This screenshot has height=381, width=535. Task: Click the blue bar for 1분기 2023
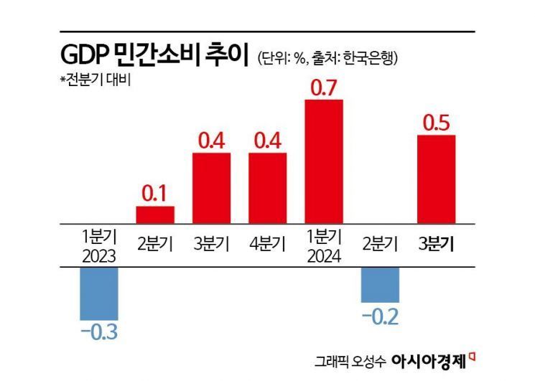98,293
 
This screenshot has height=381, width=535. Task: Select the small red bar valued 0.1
155,215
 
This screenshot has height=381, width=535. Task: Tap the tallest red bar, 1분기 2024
324,161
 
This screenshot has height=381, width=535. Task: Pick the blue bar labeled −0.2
380,284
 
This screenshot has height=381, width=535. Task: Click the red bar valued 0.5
437,179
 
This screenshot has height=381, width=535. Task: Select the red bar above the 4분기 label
268,187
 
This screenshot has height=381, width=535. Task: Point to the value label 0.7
324,88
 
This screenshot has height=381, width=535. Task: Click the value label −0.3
98,333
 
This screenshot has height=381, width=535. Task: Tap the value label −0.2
380,316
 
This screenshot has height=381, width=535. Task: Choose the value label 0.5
437,123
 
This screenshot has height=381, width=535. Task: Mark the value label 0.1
155,194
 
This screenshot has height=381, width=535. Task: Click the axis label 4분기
268,243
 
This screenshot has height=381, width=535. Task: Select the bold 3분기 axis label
437,243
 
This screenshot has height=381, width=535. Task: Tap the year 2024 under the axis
324,255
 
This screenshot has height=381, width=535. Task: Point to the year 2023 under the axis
98,255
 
